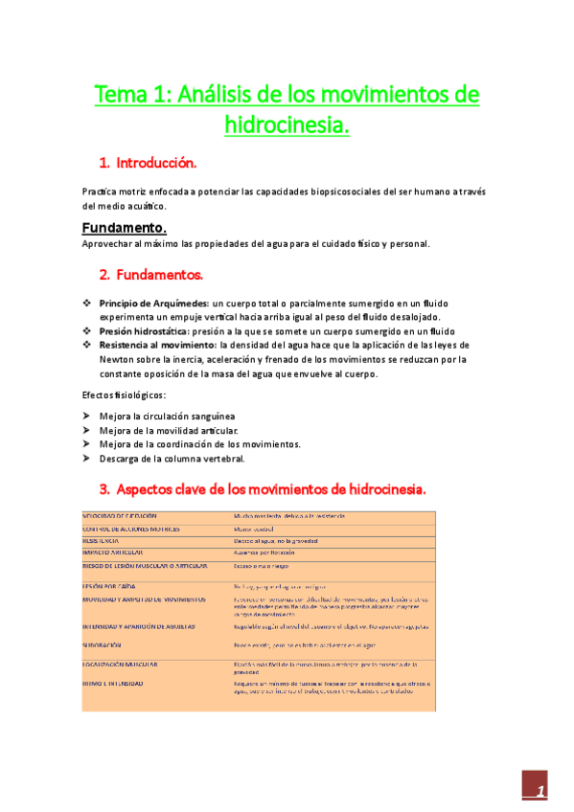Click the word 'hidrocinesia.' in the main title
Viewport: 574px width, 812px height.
[x=287, y=124]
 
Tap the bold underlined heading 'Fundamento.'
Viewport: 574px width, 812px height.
[x=125, y=228]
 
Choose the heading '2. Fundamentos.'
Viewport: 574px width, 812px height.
[x=151, y=275]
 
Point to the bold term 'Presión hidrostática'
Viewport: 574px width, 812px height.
[x=144, y=331]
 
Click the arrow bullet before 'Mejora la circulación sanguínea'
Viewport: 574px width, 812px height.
[x=87, y=417]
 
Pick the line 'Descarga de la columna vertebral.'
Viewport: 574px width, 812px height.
[x=165, y=459]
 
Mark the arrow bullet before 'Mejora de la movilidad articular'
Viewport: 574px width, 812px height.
[x=87, y=431]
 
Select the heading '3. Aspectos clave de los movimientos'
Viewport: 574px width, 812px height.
[x=263, y=489]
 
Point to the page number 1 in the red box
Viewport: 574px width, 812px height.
[x=541, y=791]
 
